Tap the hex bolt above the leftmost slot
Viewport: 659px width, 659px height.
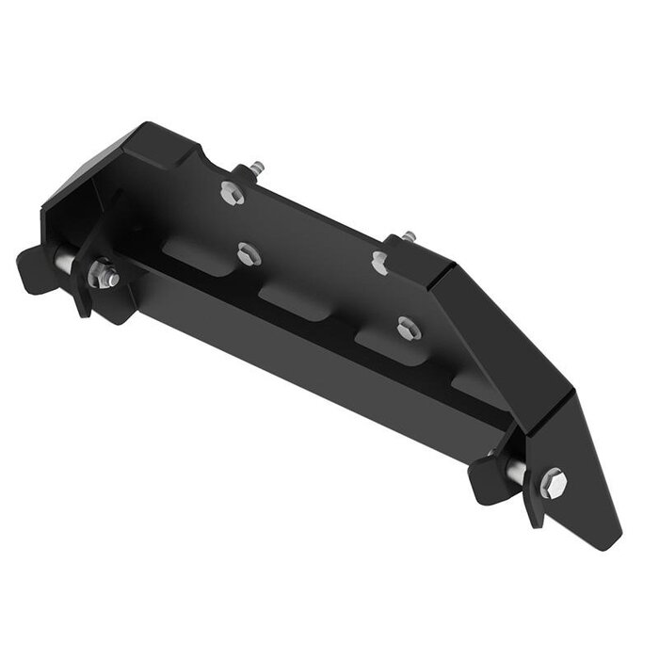click(247, 251)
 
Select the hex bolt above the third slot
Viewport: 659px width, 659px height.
click(406, 328)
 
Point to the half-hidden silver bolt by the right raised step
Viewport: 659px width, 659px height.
click(378, 262)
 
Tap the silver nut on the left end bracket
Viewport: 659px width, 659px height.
click(102, 277)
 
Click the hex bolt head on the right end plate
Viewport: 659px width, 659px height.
click(554, 481)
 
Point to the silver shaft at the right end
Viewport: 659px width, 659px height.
click(517, 472)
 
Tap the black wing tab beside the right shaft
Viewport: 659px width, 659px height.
click(490, 475)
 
